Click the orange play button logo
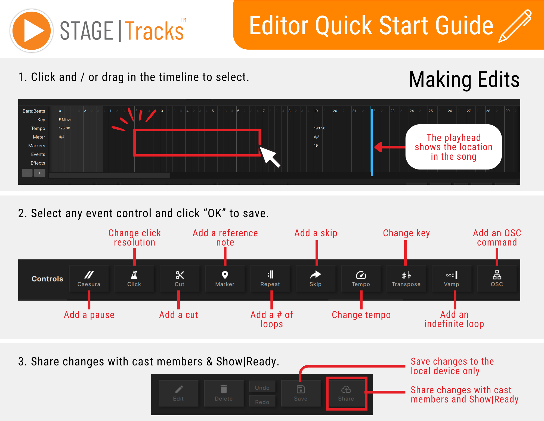point(32,31)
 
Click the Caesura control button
point(89,279)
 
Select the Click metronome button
point(134,279)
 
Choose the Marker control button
point(225,279)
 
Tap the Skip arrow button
point(315,279)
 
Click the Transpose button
point(406,279)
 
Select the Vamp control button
point(452,279)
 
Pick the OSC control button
point(497,279)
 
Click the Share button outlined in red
point(346,393)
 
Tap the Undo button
point(262,387)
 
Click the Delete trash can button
point(224,393)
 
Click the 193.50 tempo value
point(320,128)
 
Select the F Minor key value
point(65,119)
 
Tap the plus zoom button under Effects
point(40,173)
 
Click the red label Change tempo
point(361,315)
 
